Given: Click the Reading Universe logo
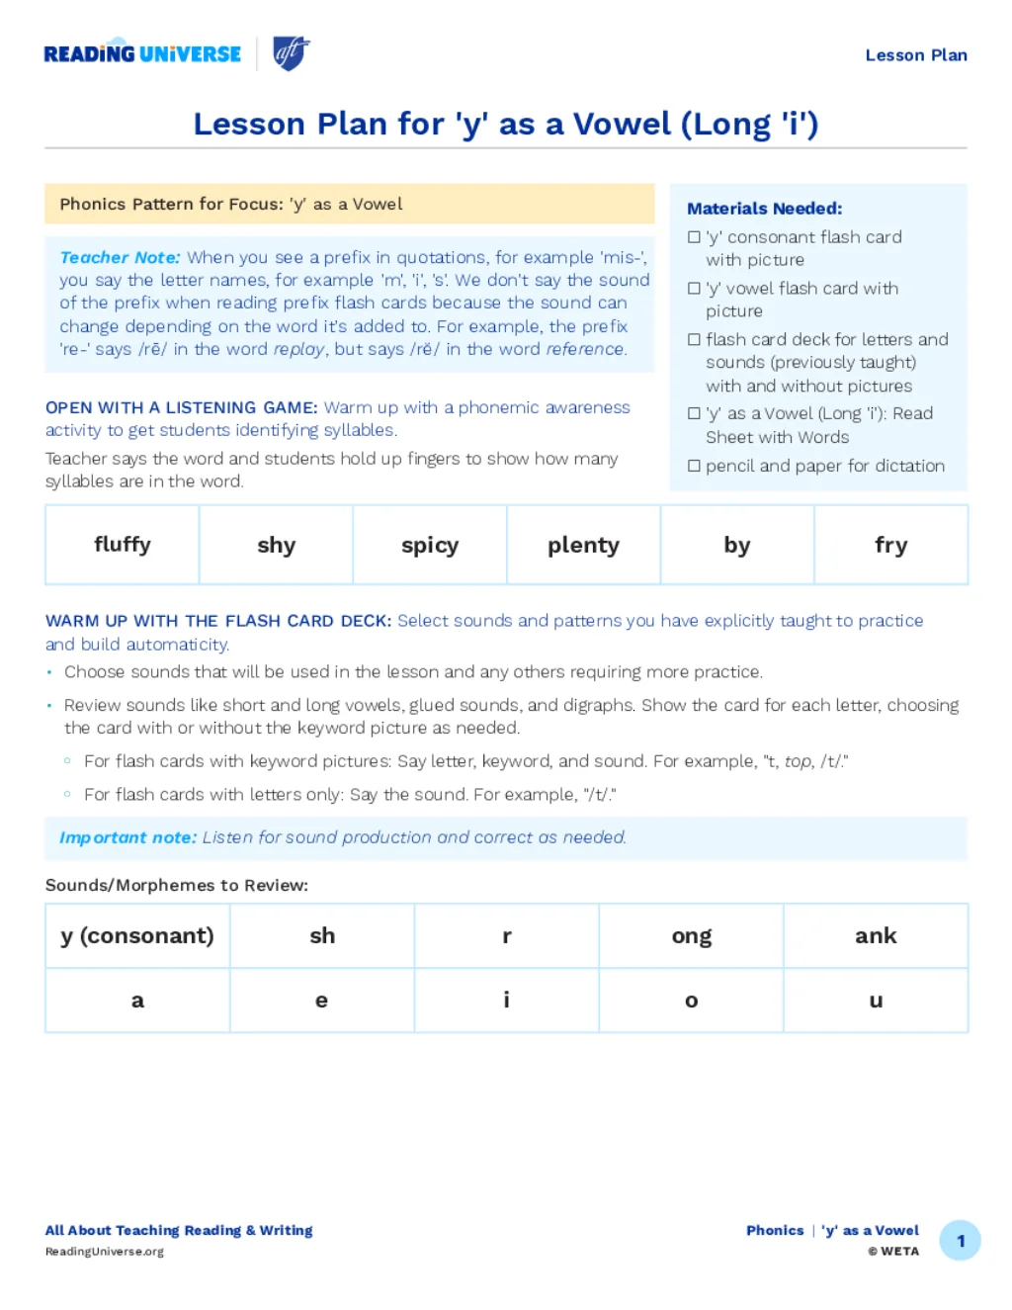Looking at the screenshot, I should point(142,54).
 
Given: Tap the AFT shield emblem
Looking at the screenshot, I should point(291,52).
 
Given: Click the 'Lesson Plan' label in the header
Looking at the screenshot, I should point(915,55).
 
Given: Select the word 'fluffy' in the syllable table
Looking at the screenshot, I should point(123,545).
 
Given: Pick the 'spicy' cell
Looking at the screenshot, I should point(430,545).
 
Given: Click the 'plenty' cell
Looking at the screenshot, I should point(583,545).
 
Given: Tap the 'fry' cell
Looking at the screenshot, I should point(890,545).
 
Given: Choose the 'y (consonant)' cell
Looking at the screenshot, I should point(137,935).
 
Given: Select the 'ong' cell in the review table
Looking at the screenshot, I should point(691,935).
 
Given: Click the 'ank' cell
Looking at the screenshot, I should point(876,935).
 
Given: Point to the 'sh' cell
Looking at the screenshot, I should point(322,935).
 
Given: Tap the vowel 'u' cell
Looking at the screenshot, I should point(876,1001).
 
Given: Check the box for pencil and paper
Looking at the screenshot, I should point(694,466).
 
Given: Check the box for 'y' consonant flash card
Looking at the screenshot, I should point(694,237).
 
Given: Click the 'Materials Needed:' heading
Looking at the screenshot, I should point(764,209).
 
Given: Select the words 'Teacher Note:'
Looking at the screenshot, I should point(120,257).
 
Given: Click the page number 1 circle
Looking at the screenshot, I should point(960,1241).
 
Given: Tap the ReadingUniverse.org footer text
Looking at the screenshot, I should point(105,1252).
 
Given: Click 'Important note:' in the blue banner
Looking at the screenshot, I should point(127,837).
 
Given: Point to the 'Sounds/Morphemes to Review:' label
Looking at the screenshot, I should point(177,885).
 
